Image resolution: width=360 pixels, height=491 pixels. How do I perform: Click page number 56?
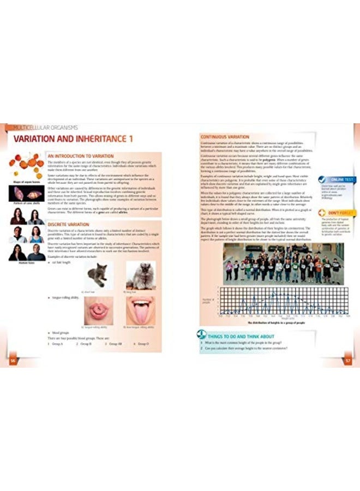tap(11, 361)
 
